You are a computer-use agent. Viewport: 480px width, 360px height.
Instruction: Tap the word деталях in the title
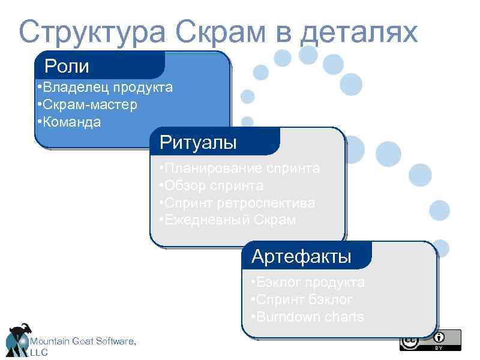(359, 32)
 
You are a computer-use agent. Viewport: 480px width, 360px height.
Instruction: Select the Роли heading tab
(67, 65)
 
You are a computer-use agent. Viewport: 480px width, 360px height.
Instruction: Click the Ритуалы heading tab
(198, 143)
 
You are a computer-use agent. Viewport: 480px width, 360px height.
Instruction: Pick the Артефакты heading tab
(301, 257)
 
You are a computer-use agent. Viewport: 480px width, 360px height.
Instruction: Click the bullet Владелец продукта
(104, 88)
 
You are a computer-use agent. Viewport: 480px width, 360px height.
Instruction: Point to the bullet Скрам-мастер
(86, 105)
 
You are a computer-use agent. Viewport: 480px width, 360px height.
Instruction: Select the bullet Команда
(68, 122)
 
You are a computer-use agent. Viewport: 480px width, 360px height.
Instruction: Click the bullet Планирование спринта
(239, 168)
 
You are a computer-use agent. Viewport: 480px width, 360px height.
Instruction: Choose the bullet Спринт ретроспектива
(237, 203)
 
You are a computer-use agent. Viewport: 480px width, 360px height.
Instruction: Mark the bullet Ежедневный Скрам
(227, 220)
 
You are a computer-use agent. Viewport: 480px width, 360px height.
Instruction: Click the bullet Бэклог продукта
(308, 282)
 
